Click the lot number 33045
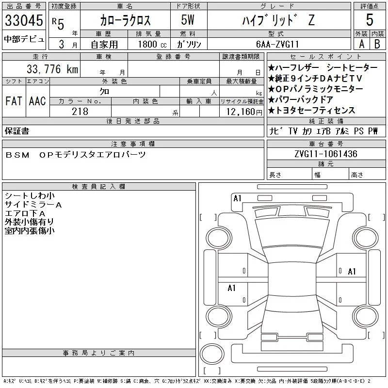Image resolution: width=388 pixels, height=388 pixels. (x=24, y=20)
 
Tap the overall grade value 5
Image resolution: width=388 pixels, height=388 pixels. (x=370, y=20)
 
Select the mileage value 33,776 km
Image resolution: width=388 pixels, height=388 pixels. (x=52, y=69)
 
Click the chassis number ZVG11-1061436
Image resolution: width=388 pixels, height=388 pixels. (x=326, y=154)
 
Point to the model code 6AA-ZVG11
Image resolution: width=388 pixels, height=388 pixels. (x=277, y=44)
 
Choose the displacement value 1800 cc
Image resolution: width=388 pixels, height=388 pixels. (x=152, y=44)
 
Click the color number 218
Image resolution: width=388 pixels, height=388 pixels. (x=80, y=112)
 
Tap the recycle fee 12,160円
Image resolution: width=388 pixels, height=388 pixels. (x=244, y=112)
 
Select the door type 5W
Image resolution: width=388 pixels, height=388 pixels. (x=188, y=20)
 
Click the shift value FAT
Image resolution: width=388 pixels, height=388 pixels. (x=14, y=101)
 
